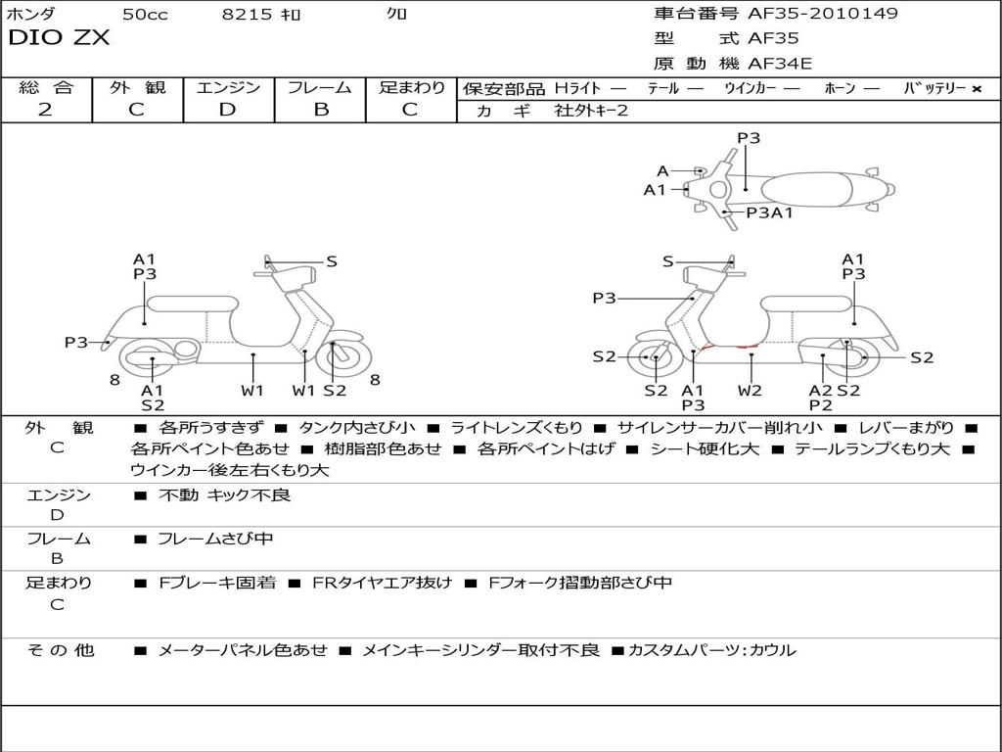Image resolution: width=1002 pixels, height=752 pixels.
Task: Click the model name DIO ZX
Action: click(59, 39)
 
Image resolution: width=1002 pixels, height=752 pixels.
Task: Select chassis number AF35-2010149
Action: click(822, 14)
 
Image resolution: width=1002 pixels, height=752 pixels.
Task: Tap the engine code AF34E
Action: click(780, 65)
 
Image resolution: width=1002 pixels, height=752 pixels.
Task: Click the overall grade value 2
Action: click(45, 110)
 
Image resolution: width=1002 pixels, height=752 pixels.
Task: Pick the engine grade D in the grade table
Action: click(227, 110)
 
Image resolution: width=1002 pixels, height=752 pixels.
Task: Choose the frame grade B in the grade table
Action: click(320, 110)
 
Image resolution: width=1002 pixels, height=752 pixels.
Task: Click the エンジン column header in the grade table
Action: click(228, 87)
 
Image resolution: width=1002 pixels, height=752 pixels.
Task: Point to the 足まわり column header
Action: click(411, 87)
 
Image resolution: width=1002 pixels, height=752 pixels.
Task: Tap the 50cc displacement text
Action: click(145, 14)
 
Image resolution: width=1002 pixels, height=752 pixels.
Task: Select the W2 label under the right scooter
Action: click(751, 390)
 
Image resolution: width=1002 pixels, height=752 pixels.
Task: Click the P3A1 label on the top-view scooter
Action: click(769, 211)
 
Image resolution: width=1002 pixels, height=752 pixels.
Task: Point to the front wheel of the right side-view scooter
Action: click(655, 358)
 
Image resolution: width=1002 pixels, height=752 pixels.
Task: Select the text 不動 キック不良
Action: click(224, 495)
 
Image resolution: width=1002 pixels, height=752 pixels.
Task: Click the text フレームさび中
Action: click(215, 539)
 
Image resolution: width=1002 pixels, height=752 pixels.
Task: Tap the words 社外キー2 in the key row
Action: click(591, 111)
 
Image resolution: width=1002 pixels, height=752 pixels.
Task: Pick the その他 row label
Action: click(60, 650)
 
